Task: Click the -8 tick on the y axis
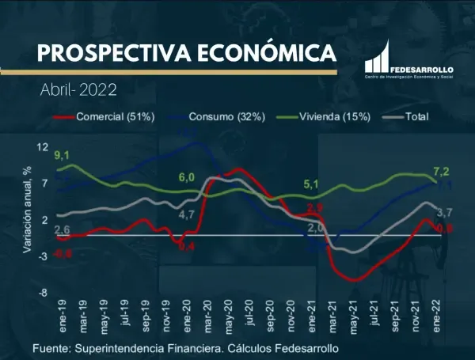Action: point(42,293)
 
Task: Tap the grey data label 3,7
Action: point(444,212)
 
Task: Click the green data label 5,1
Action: point(310,185)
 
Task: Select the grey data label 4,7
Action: point(187,214)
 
